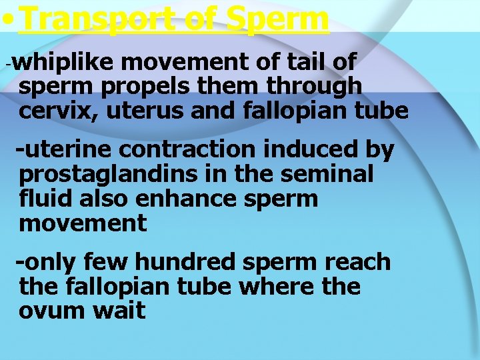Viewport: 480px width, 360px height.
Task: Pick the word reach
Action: pos(358,262)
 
